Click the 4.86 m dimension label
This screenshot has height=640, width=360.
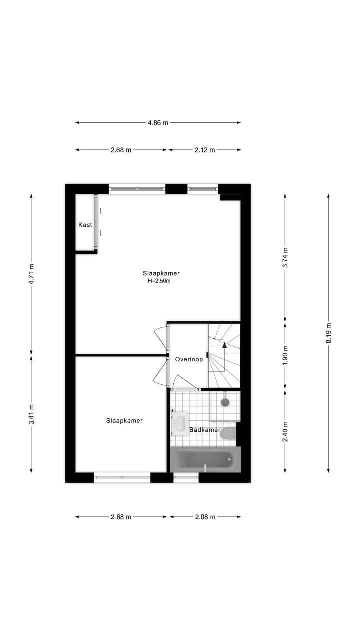click(x=158, y=123)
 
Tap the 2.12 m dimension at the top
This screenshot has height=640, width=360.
click(x=205, y=150)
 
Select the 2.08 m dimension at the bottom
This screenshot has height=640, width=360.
click(x=205, y=517)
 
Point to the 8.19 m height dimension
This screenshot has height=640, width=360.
click(x=328, y=333)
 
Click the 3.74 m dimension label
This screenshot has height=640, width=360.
click(x=285, y=258)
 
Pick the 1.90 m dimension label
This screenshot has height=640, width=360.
click(x=285, y=355)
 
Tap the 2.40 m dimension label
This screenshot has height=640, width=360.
click(x=285, y=432)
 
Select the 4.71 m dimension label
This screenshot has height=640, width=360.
click(x=31, y=274)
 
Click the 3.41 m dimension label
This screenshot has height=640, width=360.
click(x=31, y=414)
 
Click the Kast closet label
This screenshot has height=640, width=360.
click(x=85, y=225)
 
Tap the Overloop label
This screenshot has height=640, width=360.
click(x=189, y=359)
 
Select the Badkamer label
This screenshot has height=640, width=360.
click(x=204, y=430)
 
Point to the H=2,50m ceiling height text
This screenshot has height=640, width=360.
click(x=159, y=281)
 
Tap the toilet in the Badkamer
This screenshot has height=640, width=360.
click(x=228, y=433)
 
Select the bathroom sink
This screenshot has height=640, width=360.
click(x=179, y=424)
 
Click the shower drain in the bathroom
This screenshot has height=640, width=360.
click(x=225, y=401)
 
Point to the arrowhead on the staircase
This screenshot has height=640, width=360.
click(x=224, y=344)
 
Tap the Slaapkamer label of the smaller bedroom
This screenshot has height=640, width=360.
click(x=124, y=421)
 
